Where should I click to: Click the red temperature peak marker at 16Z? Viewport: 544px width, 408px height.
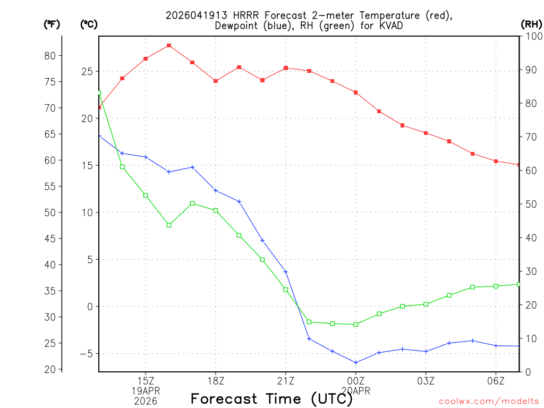169,46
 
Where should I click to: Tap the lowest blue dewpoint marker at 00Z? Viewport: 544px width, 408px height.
356,363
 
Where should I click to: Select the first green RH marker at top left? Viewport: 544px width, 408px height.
99,93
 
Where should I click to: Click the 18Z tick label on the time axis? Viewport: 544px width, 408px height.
216,381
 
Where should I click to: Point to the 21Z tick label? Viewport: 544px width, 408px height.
286,381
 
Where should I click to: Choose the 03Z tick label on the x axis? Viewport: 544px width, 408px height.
426,381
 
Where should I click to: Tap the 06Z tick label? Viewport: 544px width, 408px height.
496,381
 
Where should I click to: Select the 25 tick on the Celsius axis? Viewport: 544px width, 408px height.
86,72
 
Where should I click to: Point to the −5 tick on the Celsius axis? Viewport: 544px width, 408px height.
85,354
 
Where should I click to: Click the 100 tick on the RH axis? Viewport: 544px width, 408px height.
533,36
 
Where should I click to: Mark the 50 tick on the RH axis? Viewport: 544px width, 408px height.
531,204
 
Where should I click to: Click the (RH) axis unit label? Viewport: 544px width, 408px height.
531,24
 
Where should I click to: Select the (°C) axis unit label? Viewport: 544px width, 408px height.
89,24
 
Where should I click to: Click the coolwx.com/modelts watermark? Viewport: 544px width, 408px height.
489,402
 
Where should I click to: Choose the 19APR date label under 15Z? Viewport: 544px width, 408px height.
146,391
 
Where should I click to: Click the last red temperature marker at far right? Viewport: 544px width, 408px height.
519,165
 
